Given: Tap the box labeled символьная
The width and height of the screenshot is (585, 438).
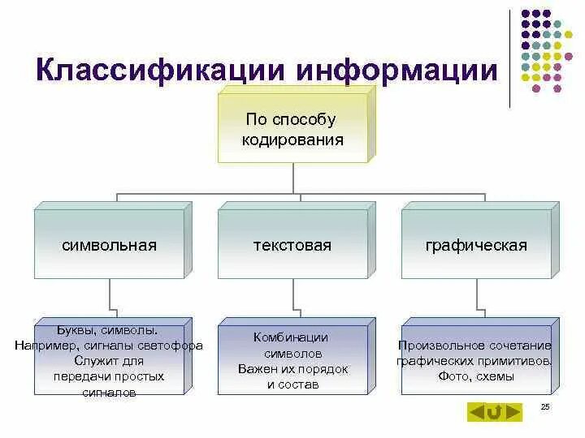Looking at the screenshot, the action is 109,245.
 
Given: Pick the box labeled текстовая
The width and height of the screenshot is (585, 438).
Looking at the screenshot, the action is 292,245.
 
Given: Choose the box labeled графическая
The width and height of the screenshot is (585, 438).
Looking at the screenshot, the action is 476,245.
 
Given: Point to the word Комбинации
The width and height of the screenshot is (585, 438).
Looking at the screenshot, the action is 291,337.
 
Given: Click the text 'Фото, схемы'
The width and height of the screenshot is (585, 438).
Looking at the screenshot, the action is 475,376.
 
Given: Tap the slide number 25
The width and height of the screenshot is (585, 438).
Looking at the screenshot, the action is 544,406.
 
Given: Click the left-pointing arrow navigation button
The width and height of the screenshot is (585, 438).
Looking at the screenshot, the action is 476,413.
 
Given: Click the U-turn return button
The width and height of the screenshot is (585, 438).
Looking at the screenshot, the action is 494,413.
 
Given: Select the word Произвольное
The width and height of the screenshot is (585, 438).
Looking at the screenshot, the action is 440,346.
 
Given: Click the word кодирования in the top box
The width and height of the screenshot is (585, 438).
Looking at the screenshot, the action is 292,140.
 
